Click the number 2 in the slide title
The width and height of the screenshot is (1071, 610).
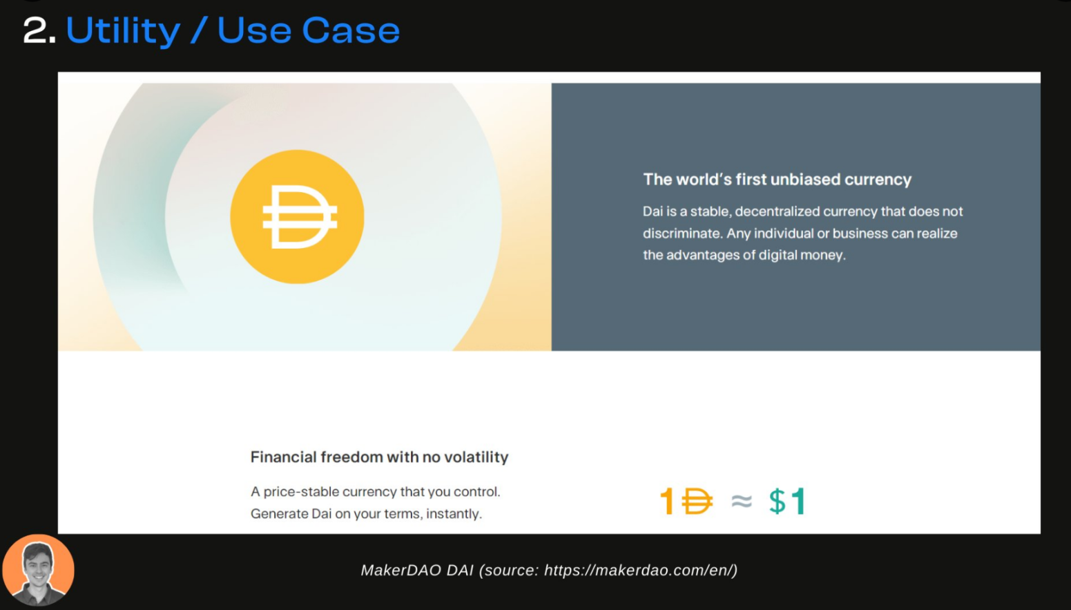[x=36, y=30]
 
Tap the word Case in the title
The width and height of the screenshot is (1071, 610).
[x=351, y=30]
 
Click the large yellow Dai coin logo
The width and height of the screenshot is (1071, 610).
[x=297, y=217]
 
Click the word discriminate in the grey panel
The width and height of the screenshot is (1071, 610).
[x=681, y=233]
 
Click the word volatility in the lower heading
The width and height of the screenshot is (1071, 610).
[x=476, y=457]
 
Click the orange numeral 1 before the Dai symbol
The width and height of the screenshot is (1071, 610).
[x=668, y=501]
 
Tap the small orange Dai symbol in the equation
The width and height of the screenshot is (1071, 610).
[x=697, y=501]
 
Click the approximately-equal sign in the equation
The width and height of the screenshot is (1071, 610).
[x=742, y=501]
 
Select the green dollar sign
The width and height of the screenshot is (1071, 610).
[x=777, y=501]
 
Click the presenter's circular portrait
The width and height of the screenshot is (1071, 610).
[x=38, y=571]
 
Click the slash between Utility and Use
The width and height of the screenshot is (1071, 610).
[x=198, y=30]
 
